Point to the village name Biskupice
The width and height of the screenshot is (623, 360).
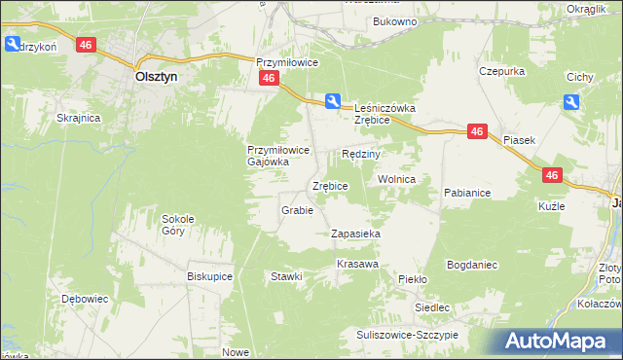[209, 275]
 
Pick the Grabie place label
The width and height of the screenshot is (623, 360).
[296, 210]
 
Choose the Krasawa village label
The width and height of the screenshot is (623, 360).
[357, 265]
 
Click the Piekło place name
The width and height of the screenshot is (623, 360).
[413, 279]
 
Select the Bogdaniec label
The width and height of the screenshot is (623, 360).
[472, 265]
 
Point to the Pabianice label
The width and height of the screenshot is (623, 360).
[467, 193]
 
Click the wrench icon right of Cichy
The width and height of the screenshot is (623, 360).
[571, 102]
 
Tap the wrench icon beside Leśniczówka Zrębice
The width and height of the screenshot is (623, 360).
[333, 101]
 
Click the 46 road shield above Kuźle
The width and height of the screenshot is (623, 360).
[552, 175]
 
